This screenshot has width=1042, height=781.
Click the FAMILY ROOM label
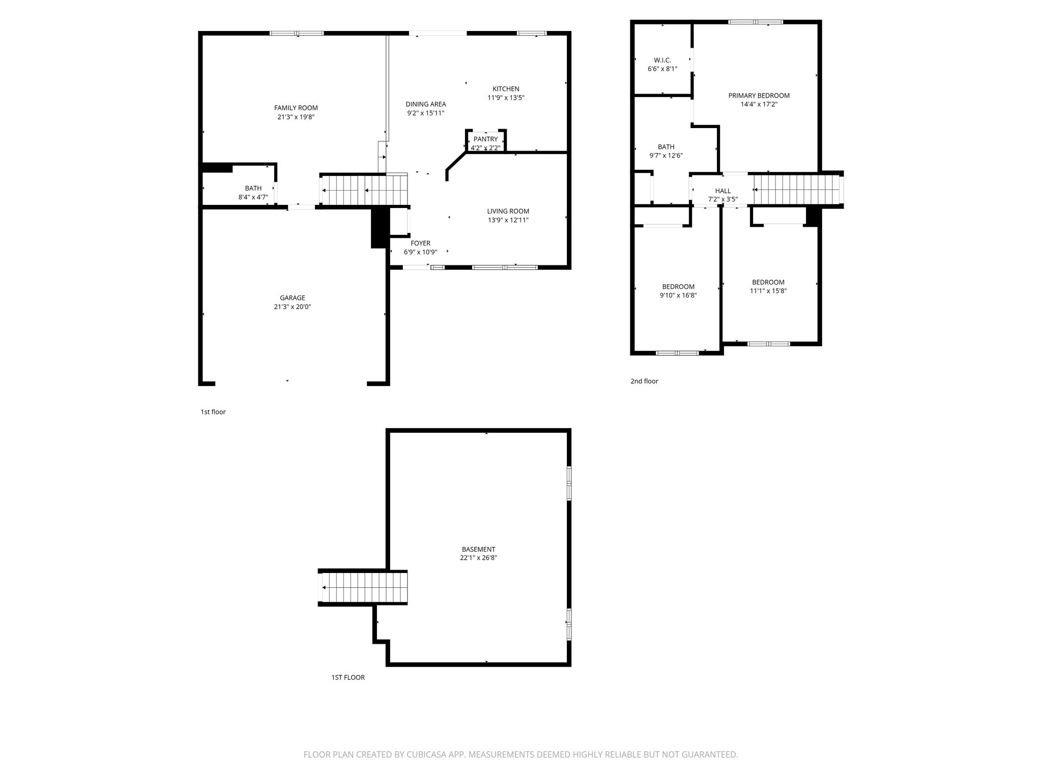pyautogui.click(x=296, y=108)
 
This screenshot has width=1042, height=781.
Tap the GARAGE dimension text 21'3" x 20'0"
pyautogui.click(x=292, y=307)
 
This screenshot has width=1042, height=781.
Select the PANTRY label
pyautogui.click(x=485, y=139)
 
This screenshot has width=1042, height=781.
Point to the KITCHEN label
pyautogui.click(x=506, y=89)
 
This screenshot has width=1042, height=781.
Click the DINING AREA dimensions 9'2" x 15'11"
pyautogui.click(x=425, y=113)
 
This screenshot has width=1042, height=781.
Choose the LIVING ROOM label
pyautogui.click(x=508, y=212)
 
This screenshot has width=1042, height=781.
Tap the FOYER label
pyautogui.click(x=420, y=244)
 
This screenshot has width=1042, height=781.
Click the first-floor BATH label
pyautogui.click(x=253, y=189)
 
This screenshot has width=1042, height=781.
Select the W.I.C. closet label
pyautogui.click(x=662, y=61)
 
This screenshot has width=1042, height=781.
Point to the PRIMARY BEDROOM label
pyautogui.click(x=759, y=96)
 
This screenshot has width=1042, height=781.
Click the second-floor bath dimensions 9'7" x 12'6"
pyautogui.click(x=666, y=156)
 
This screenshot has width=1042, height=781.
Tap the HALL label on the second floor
pyautogui.click(x=722, y=191)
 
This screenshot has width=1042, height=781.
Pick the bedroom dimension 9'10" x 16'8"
pyautogui.click(x=678, y=295)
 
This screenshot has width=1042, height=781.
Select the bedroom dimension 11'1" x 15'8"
pyautogui.click(x=768, y=291)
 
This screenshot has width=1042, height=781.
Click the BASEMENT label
pyautogui.click(x=478, y=550)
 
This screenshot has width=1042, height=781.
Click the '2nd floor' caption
pyautogui.click(x=644, y=381)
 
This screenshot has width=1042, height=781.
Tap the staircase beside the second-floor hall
pyautogui.click(x=797, y=190)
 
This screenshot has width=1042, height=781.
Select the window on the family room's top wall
pyautogui.click(x=296, y=34)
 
